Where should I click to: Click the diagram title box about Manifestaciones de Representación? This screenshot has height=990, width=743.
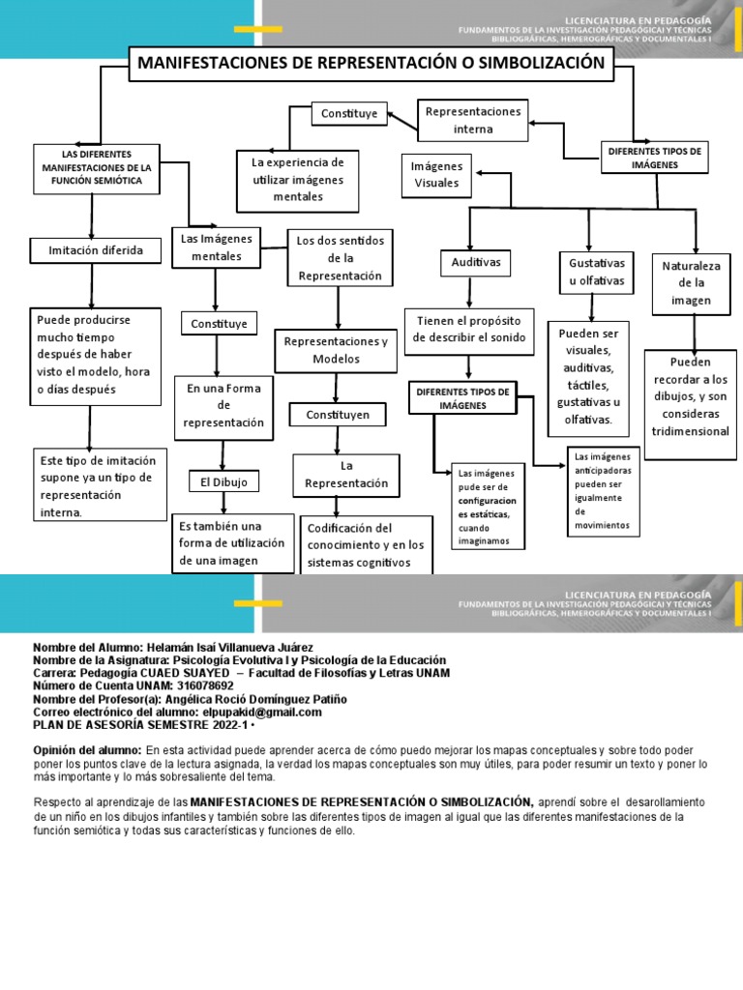371,64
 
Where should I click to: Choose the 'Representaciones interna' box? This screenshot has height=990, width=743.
473,120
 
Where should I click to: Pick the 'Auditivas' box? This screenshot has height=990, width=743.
468,262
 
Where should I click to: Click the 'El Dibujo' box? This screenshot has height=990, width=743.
223,480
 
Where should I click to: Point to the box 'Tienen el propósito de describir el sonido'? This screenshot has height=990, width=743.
469,329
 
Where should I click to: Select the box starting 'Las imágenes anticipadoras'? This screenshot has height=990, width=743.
602,491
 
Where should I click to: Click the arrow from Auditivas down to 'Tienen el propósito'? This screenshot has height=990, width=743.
468,292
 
